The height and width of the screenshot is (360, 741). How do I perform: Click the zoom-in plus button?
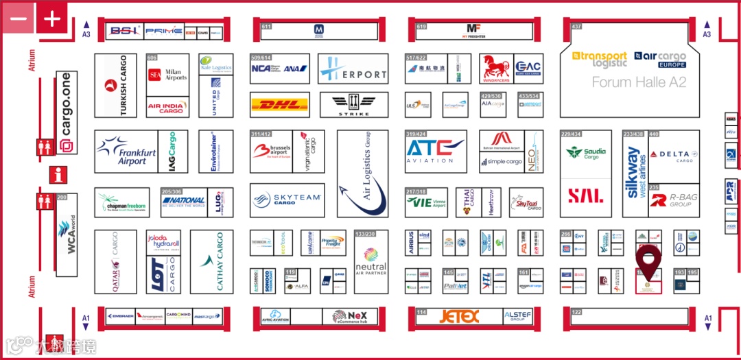click(52, 19)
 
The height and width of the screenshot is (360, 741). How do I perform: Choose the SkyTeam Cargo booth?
click(287, 200)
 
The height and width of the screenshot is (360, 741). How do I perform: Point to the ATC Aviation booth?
click(436, 151)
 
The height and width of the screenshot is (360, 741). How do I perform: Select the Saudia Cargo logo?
click(585, 153)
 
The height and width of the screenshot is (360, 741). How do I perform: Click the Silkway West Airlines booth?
click(635, 173)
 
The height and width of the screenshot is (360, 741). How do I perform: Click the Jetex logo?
click(459, 316)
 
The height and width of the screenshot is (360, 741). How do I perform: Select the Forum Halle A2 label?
click(639, 82)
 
